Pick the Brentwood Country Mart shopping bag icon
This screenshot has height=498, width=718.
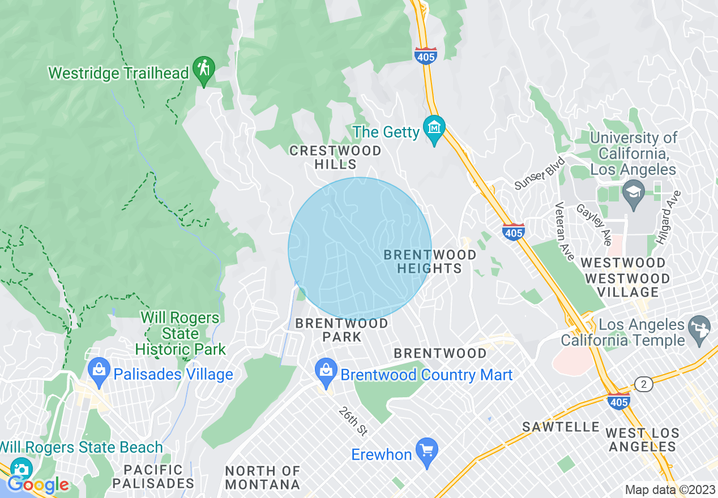326,370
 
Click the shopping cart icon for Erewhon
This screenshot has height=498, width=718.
426,450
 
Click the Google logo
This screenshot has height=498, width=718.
37,484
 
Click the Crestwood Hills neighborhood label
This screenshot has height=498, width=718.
335,157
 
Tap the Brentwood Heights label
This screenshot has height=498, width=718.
430,261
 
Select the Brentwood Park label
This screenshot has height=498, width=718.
341,330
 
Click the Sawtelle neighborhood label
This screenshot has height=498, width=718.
561,426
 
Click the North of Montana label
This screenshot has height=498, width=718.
262,478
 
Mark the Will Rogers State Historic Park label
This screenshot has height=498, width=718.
180,334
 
